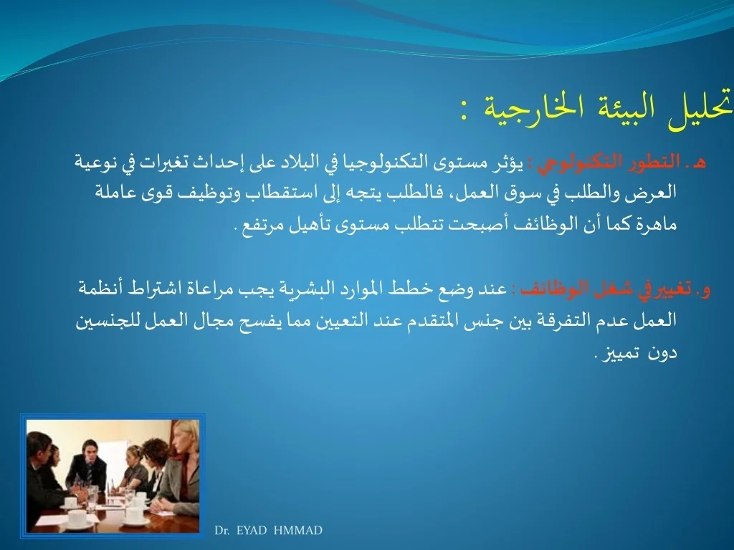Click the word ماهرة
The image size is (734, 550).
tap(658, 224)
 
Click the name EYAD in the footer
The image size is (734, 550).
tap(252, 531)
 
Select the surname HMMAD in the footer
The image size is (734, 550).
tap(297, 531)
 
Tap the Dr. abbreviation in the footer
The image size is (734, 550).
tap(222, 531)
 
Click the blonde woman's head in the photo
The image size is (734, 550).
tap(186, 435)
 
